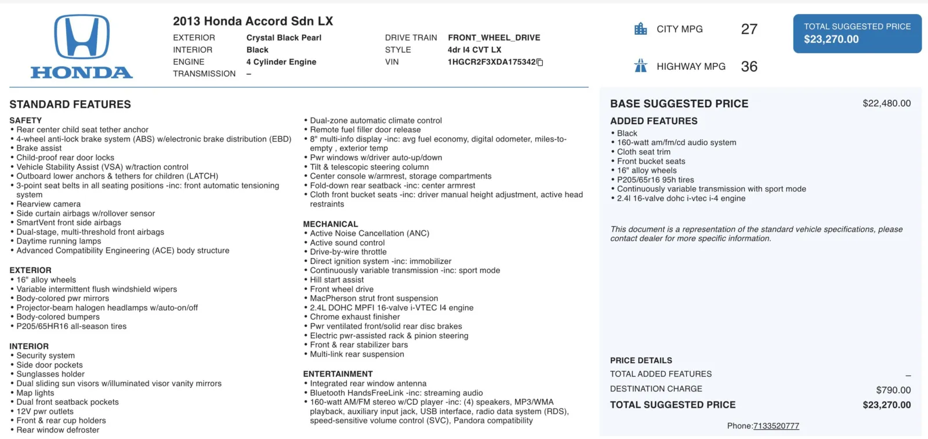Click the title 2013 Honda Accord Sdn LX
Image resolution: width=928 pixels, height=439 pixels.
(253, 21)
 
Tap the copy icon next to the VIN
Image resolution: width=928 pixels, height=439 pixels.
(540, 63)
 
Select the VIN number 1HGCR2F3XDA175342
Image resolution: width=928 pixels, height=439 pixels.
(491, 62)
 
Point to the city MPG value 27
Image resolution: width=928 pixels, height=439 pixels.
(749, 29)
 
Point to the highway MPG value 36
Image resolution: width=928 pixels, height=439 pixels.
(749, 67)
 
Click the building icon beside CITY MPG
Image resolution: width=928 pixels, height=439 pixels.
(640, 29)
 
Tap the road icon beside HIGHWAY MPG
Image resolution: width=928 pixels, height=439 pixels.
(640, 66)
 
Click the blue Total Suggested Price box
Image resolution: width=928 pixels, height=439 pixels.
(857, 34)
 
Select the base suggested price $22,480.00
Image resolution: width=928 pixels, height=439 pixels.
(886, 103)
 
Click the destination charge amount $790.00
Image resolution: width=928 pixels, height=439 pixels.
(893, 390)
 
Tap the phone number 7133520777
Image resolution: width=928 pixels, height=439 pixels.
(776, 426)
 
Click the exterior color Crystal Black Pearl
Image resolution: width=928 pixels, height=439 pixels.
(284, 38)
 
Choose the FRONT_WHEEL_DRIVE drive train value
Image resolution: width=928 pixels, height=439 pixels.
(494, 38)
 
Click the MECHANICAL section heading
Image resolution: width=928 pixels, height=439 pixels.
(331, 224)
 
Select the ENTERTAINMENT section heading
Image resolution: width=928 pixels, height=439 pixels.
(338, 374)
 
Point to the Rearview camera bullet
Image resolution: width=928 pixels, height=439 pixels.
(49, 204)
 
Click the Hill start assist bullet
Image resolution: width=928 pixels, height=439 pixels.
(337, 280)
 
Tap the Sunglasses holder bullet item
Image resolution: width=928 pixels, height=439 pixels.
(50, 375)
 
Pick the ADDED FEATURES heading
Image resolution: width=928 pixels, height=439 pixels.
(654, 121)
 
